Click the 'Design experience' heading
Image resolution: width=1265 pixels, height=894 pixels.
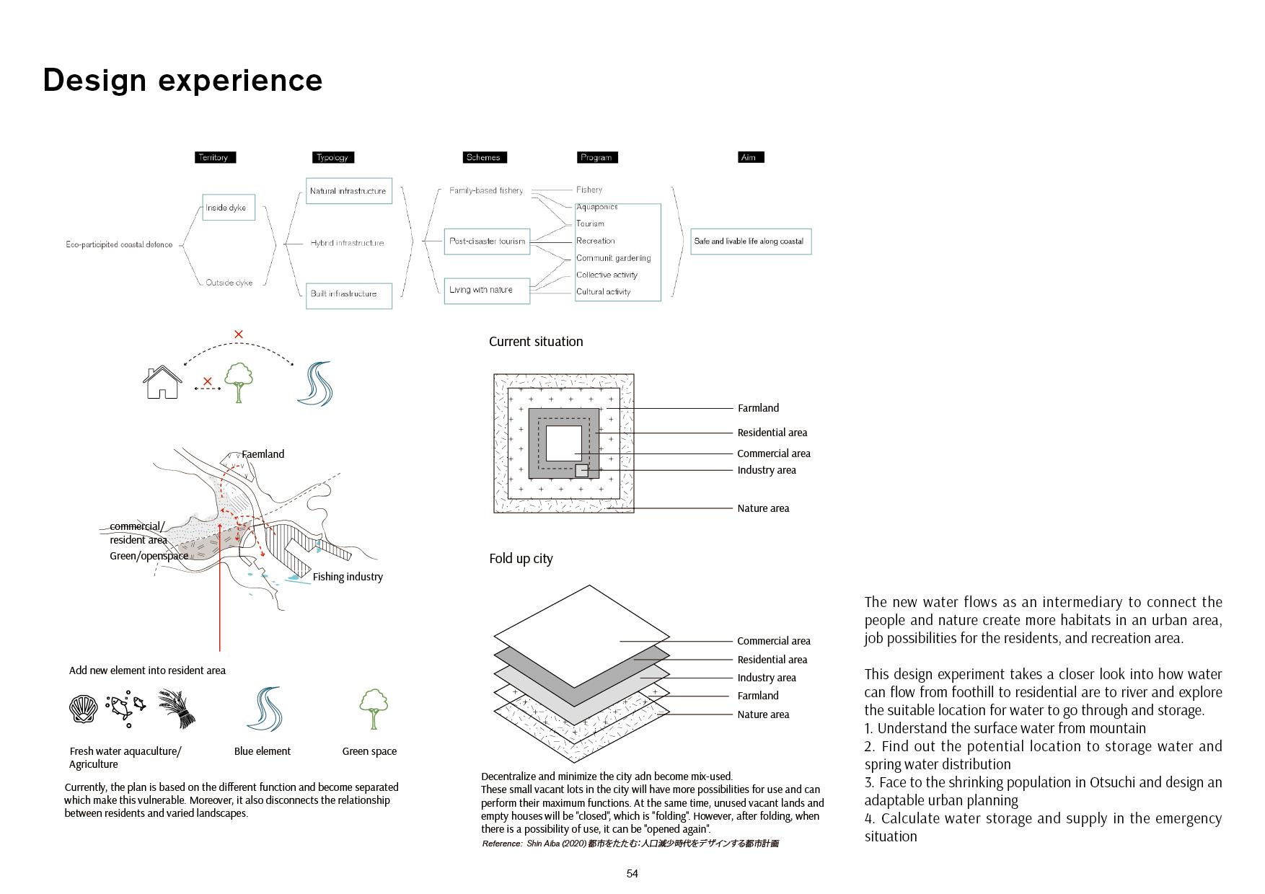[182, 80]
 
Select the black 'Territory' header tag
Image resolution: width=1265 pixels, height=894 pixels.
[215, 157]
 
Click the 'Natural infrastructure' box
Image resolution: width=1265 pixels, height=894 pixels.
[348, 191]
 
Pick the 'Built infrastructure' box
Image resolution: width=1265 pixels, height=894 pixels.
[348, 295]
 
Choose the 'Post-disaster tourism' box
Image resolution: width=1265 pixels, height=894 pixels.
[487, 241]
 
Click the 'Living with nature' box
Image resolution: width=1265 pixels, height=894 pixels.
[487, 290]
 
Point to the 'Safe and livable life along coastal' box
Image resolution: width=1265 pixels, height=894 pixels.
[750, 242]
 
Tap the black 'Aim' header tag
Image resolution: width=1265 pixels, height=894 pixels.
[750, 157]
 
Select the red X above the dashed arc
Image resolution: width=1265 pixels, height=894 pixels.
[239, 334]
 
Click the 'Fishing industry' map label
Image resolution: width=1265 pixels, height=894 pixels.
[348, 577]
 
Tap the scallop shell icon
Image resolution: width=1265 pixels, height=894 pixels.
[84, 709]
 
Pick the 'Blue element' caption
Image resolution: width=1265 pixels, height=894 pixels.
[262, 751]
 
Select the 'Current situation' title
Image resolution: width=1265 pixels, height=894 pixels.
[536, 342]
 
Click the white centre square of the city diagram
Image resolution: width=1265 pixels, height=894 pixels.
[563, 443]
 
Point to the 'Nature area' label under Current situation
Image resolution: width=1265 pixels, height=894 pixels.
[763, 508]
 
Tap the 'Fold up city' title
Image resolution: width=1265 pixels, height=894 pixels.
[521, 559]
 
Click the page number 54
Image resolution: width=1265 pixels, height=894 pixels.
[632, 874]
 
